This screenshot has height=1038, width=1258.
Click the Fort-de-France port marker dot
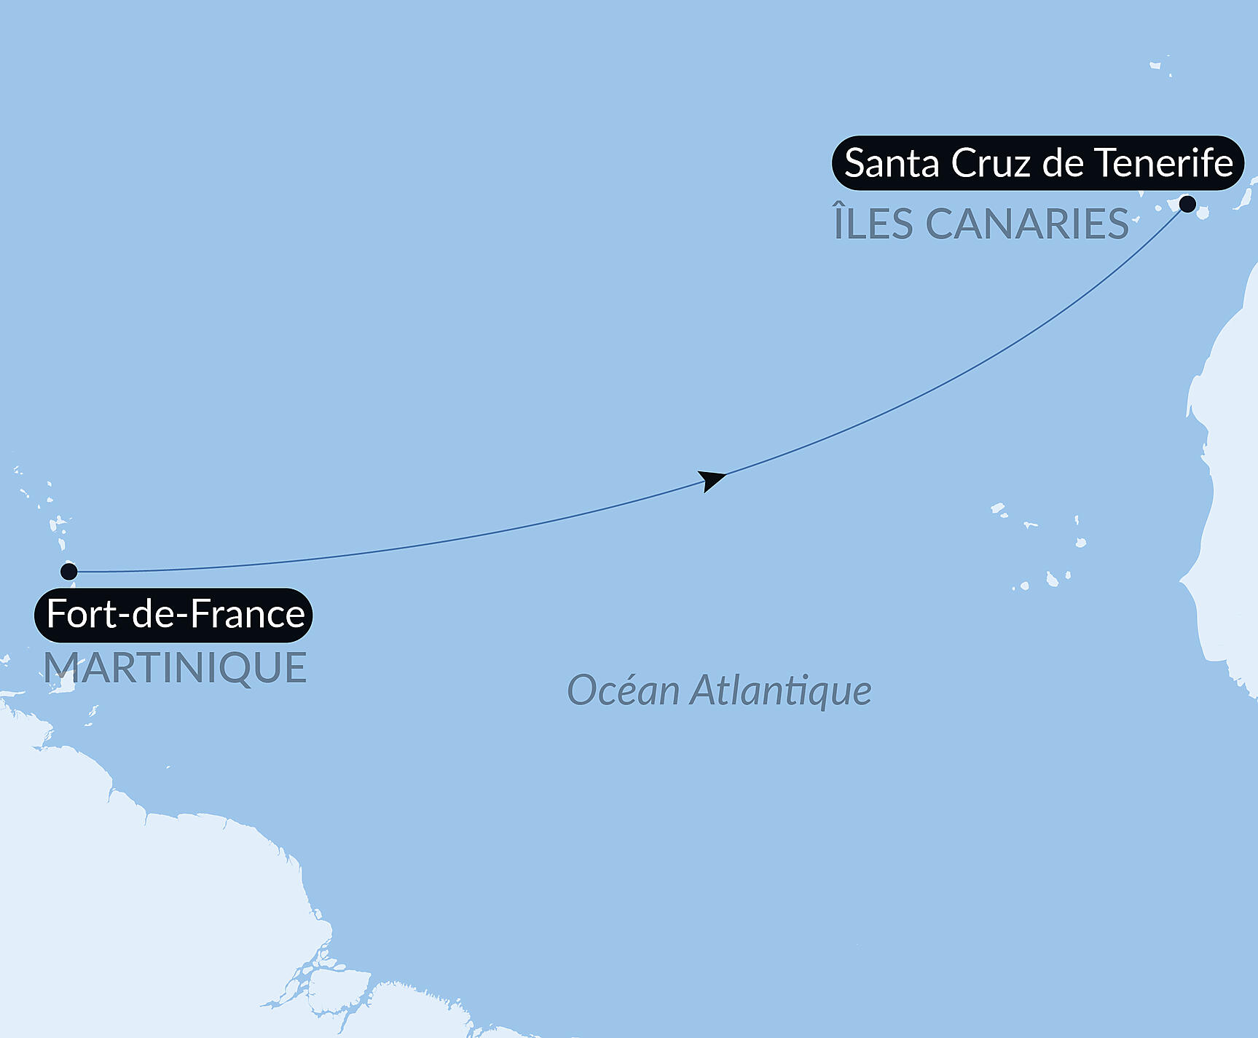coord(69,570)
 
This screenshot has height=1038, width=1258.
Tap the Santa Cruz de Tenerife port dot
coord(1187,204)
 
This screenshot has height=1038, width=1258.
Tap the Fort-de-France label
coord(175,614)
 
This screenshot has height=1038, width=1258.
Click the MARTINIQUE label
coord(175,668)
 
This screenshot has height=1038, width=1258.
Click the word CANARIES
coord(1027,224)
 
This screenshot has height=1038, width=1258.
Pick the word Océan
coord(623,691)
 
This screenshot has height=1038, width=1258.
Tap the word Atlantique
coord(780,691)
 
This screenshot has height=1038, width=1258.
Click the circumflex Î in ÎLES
coord(838,221)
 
